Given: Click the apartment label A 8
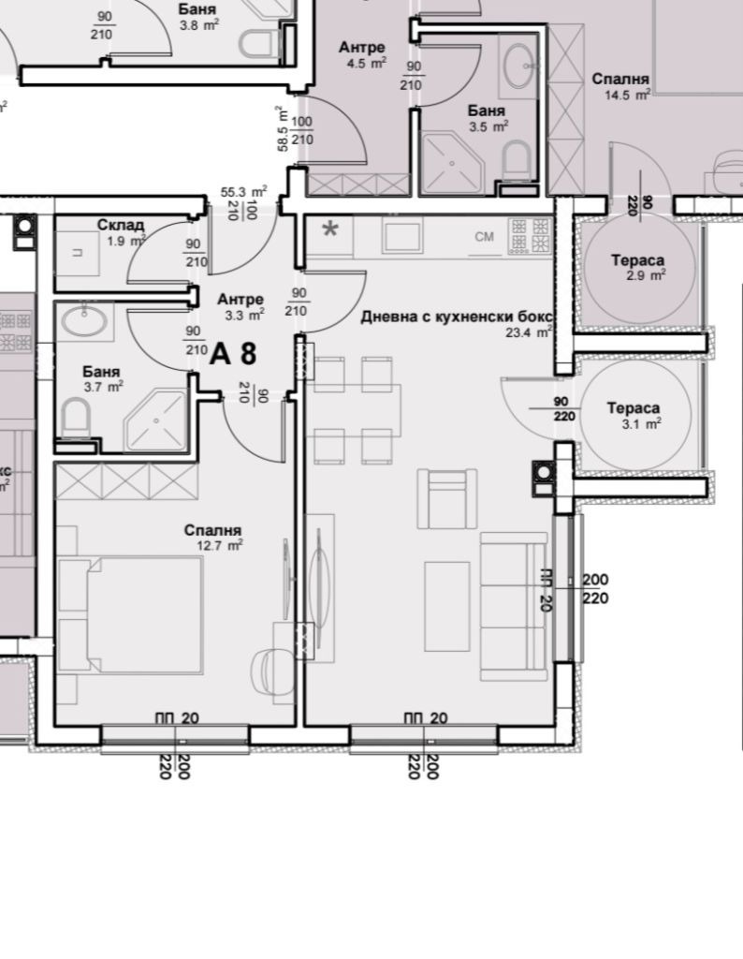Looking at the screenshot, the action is click(233, 353).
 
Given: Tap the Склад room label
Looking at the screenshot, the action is click(121, 225).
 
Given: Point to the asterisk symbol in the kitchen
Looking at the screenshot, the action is click(330, 230).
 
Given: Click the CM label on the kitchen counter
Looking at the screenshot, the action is click(484, 236).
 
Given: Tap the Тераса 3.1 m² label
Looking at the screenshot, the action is click(633, 415).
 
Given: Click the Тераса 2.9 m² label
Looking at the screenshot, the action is click(637, 268).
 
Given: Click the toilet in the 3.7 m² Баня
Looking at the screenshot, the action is click(77, 417).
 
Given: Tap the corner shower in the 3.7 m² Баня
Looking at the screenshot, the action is click(155, 421).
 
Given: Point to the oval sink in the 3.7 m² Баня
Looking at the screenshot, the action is click(85, 321).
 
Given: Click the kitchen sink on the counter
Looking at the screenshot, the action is click(401, 237).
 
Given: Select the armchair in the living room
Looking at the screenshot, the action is click(447, 498).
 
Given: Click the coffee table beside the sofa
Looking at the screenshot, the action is click(447, 606).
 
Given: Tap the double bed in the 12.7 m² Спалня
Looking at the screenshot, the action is click(130, 616).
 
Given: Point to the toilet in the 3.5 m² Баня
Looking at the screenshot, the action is click(516, 159).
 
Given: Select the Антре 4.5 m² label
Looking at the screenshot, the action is click(362, 54).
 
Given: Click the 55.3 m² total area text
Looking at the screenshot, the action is click(244, 191).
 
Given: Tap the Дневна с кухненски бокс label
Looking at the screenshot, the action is click(457, 317).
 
